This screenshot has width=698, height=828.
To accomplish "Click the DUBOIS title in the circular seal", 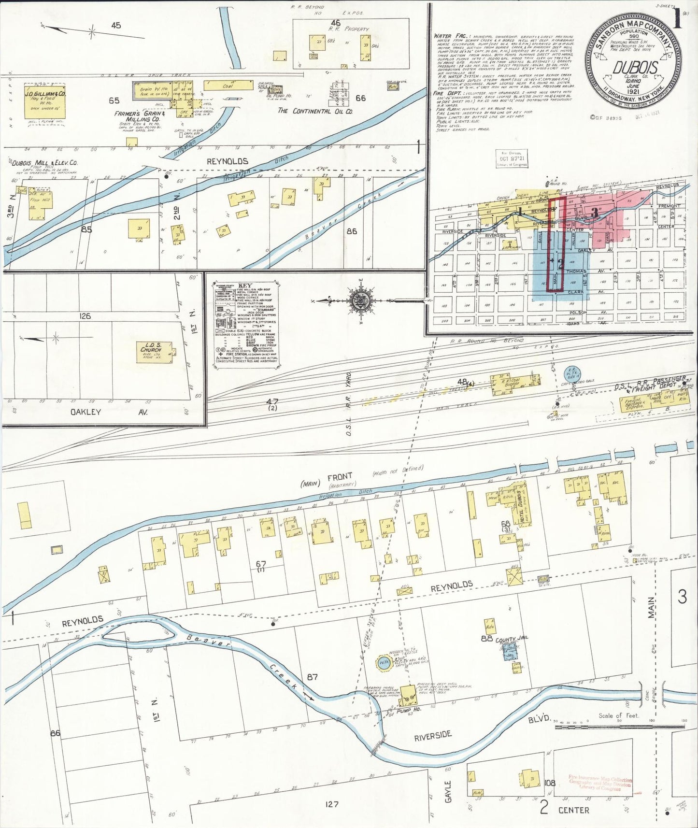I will (x=635, y=67).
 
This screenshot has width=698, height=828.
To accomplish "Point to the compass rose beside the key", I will (x=360, y=301).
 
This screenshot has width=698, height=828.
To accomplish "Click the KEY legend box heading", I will (x=246, y=285).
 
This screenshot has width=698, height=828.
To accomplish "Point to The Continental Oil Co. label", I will (x=315, y=111).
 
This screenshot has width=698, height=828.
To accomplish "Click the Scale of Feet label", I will (x=618, y=715).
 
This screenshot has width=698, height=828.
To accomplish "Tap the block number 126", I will (x=85, y=316).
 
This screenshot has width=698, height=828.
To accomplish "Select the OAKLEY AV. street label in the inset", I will (x=109, y=412).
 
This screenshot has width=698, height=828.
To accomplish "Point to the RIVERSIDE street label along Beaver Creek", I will (x=433, y=736).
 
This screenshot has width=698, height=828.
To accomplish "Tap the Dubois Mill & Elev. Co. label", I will (x=43, y=163).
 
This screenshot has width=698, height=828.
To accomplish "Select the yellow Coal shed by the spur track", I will (x=228, y=86).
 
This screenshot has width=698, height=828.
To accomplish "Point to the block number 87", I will (x=313, y=677).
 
